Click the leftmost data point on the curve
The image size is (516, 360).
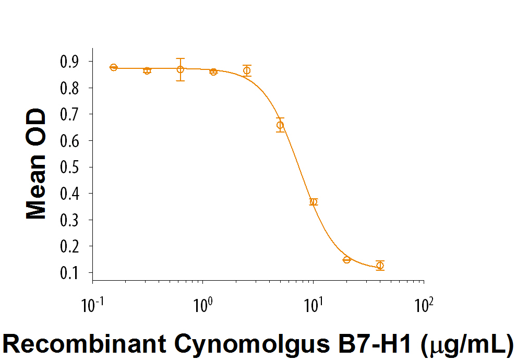tap(114, 67)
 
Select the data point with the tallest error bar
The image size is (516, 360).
tap(180, 69)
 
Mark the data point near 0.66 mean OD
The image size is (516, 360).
tap(280, 125)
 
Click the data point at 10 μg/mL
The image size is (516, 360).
tap(313, 202)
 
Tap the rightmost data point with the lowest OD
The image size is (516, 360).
tap(380, 266)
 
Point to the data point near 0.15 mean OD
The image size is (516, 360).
tap(346, 259)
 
